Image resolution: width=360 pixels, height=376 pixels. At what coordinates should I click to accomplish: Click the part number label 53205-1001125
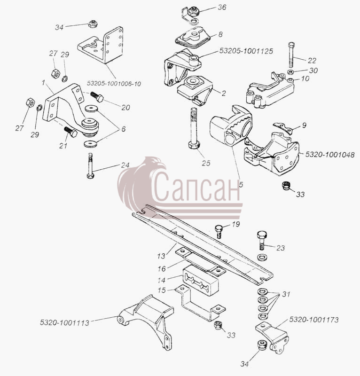(x=246, y=51)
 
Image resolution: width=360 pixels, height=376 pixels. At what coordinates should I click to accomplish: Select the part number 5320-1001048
(x=330, y=155)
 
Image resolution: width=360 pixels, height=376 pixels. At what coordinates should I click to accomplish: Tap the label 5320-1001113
(x=64, y=322)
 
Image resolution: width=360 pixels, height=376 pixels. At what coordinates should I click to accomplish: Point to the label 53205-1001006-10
(x=114, y=84)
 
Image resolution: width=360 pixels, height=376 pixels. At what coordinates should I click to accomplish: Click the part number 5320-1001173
(x=314, y=320)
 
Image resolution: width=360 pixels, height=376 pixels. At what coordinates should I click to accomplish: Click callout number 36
(x=222, y=8)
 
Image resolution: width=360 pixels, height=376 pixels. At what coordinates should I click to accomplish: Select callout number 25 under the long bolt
(x=206, y=163)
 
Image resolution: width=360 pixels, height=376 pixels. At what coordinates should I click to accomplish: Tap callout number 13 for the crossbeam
(x=161, y=256)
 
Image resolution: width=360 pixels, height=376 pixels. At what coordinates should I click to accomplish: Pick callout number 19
(x=236, y=224)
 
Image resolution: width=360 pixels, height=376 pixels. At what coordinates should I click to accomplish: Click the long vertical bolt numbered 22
(x=291, y=55)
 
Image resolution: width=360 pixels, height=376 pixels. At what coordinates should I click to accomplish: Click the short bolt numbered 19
(x=219, y=231)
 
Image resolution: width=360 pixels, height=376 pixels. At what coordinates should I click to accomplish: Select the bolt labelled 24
(x=90, y=166)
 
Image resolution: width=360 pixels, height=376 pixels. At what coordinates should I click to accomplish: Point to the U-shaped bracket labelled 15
(x=200, y=303)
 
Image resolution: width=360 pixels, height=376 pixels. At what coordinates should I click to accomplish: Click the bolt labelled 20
(x=97, y=97)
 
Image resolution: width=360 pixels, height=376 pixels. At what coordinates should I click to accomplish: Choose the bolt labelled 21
(x=70, y=132)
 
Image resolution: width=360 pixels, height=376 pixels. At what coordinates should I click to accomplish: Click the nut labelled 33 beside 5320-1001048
(x=285, y=186)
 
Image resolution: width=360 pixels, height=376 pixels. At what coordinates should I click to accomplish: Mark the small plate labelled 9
(x=283, y=128)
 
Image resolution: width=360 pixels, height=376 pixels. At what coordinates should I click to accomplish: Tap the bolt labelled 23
(x=262, y=240)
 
